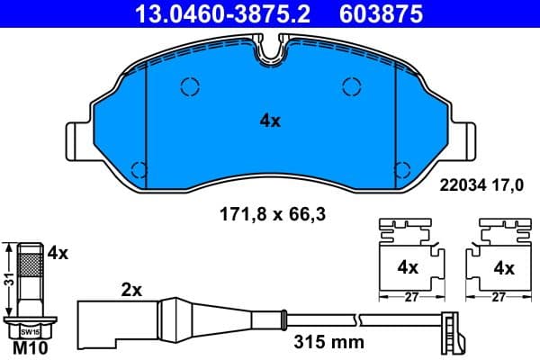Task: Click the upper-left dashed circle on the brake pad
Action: [190, 86]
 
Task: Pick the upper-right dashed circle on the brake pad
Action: [352, 86]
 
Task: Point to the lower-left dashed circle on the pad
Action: [139, 168]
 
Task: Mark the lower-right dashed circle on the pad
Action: [403, 168]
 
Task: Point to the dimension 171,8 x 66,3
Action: [269, 215]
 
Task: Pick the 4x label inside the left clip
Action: [408, 267]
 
